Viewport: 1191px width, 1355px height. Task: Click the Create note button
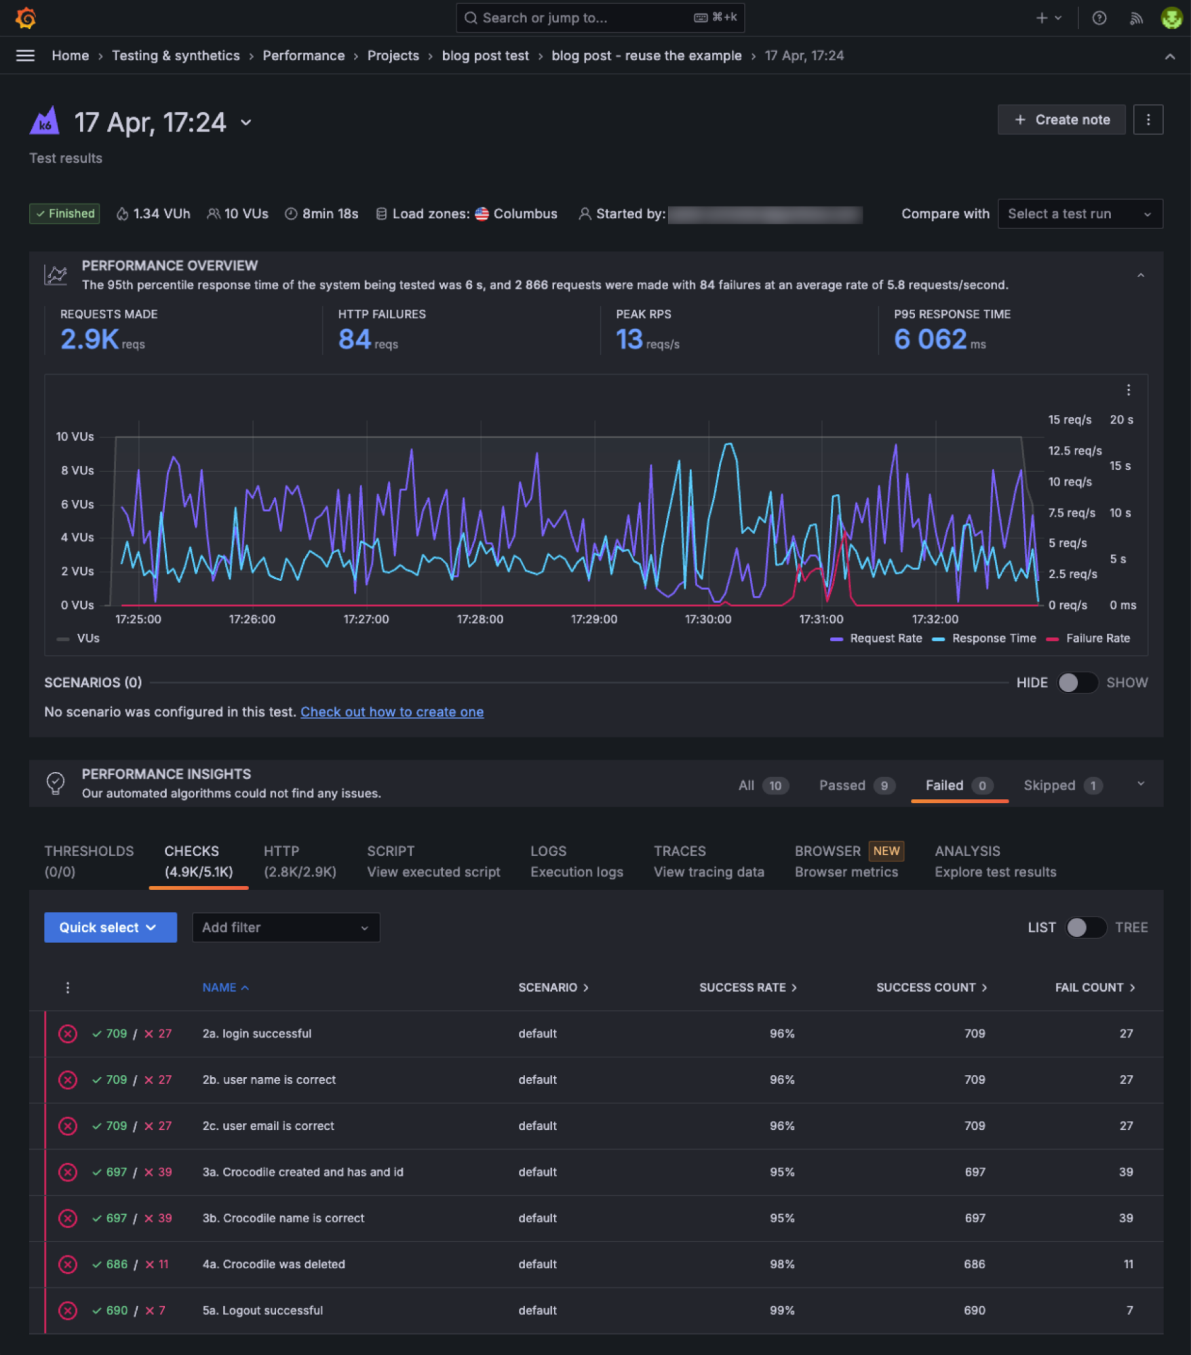pyautogui.click(x=1061, y=120)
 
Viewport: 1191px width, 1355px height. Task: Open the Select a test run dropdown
pyautogui.click(x=1079, y=214)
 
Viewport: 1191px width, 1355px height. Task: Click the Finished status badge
pyautogui.click(x=64, y=214)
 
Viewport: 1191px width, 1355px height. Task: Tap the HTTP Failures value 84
pyautogui.click(x=355, y=340)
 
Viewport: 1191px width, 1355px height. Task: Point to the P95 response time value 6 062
pyautogui.click(x=930, y=340)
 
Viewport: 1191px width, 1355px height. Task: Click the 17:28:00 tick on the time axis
pyautogui.click(x=480, y=620)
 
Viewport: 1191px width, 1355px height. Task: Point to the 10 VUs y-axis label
pyautogui.click(x=75, y=437)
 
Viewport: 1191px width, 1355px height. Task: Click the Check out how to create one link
pyautogui.click(x=392, y=712)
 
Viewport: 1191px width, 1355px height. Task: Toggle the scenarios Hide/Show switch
pyautogui.click(x=1077, y=683)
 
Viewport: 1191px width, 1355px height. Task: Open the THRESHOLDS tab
pyautogui.click(x=89, y=862)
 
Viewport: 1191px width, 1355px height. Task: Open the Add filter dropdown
pyautogui.click(x=286, y=928)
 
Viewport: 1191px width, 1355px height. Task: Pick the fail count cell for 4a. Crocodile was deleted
pyautogui.click(x=1128, y=1265)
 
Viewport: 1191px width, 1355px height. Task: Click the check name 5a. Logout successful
pyautogui.click(x=262, y=1311)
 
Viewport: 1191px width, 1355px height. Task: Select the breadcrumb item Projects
pyautogui.click(x=393, y=56)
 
